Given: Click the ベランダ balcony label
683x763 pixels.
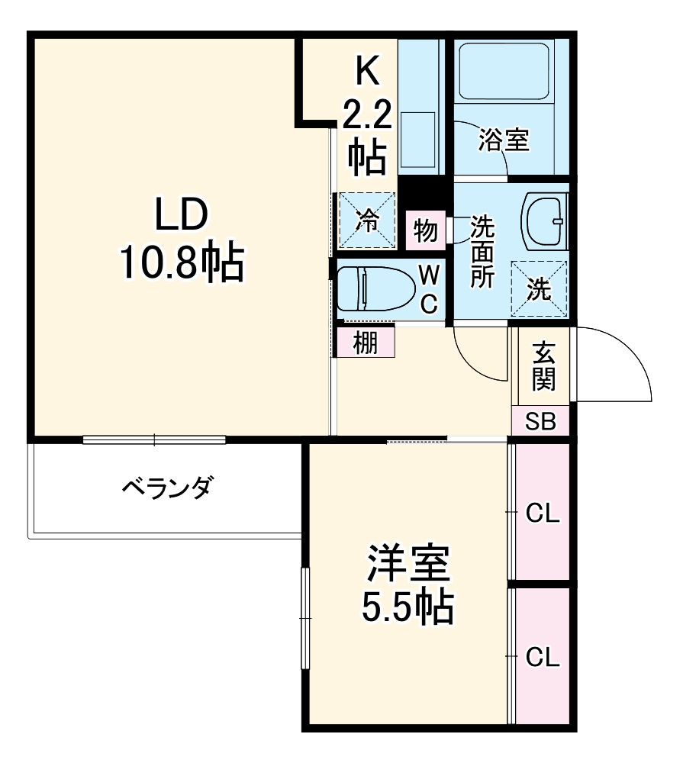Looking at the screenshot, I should (169, 486).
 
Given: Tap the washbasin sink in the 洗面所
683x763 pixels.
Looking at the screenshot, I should (545, 221).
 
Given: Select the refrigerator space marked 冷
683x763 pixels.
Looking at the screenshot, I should (367, 221).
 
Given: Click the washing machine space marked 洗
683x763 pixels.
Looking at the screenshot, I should (540, 288).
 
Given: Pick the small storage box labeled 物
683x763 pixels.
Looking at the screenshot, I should (425, 229).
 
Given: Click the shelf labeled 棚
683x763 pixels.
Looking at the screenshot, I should (366, 343).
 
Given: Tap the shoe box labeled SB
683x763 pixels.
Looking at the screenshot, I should (540, 421).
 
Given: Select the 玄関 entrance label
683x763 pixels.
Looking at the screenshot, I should (543, 367).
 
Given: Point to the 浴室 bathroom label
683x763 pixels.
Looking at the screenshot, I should (504, 140).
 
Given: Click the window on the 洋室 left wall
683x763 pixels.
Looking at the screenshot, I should (306, 619).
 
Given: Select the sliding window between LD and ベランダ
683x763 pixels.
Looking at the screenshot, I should (155, 439).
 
